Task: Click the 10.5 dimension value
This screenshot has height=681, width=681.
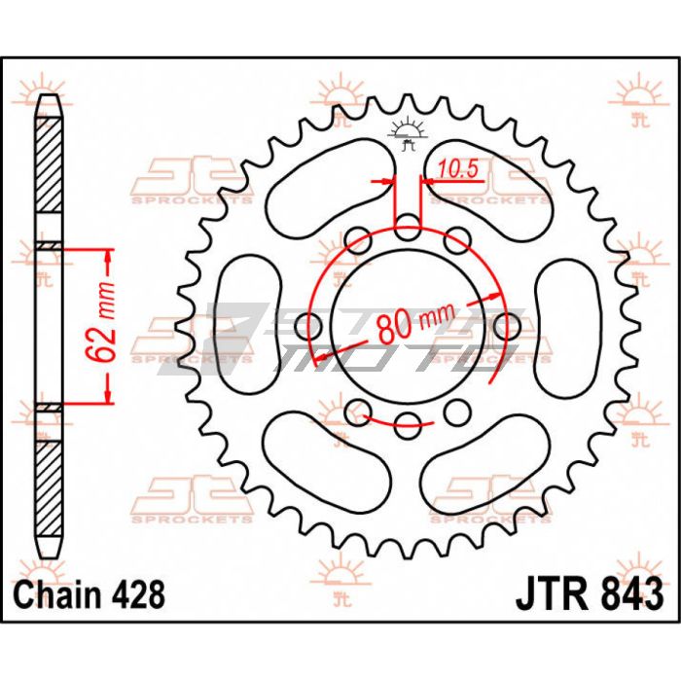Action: tap(457, 169)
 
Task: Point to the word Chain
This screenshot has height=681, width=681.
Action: tap(60, 594)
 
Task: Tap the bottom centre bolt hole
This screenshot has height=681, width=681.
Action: tap(408, 425)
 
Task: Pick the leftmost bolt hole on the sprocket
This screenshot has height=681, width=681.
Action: tap(308, 327)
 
